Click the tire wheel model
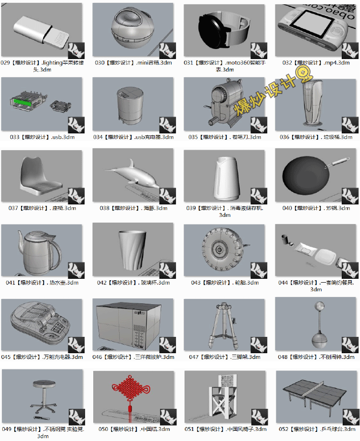point(220,249)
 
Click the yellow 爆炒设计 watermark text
point(269,95)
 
